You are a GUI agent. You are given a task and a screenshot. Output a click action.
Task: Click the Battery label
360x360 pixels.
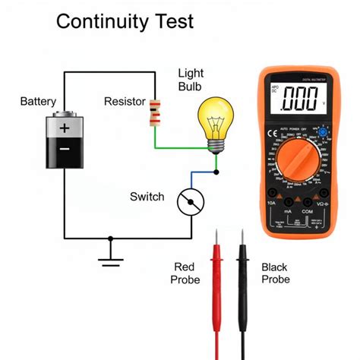coord(38,101)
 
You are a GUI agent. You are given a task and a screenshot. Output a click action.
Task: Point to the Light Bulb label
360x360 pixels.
coord(191,81)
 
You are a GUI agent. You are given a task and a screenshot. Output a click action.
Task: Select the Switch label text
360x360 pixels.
coord(147,197)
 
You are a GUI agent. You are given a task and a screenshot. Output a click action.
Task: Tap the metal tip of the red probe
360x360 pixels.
coord(217,240)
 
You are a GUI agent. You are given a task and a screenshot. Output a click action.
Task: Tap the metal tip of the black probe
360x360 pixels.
coord(243,240)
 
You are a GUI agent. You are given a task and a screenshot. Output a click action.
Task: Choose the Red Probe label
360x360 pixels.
coord(187,273)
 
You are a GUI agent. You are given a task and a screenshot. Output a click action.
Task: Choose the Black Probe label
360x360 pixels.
coord(274,273)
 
